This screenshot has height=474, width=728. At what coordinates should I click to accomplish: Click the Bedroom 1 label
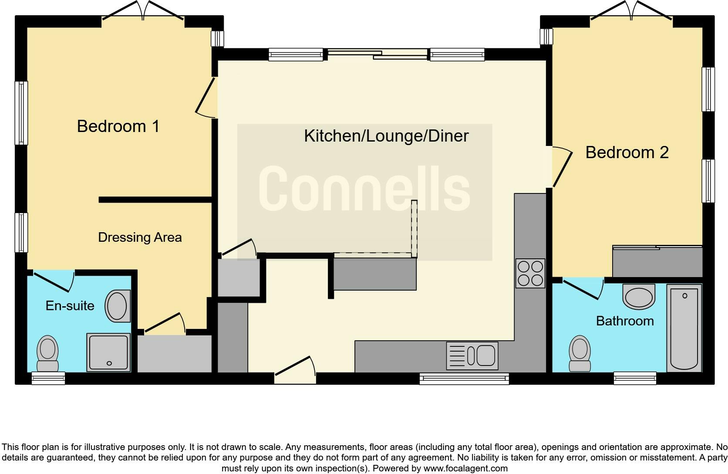coord(118,126)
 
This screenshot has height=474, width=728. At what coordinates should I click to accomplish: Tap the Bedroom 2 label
coord(627,152)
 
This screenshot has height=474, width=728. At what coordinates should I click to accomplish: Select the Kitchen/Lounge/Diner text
coord(386,136)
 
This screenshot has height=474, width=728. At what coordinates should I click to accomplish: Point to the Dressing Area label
coord(140,237)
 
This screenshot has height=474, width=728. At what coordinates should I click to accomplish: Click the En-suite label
coord(70,306)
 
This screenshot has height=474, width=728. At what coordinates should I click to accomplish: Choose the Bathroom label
coord(624,321)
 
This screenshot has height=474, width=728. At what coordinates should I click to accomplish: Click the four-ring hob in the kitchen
coord(530,273)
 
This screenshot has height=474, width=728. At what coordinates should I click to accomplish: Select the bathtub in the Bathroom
coord(684,328)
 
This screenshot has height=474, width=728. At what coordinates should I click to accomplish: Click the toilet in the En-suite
coord(47,353)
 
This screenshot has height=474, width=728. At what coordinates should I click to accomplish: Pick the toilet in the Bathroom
coord(580,353)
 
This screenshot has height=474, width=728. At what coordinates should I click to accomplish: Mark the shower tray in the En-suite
coord(108,352)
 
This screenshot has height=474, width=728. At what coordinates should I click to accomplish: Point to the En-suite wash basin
coord(117,306)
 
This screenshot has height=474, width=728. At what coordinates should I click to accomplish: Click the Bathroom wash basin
coord(639,297)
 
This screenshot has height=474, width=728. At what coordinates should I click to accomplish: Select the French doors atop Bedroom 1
coord(143,12)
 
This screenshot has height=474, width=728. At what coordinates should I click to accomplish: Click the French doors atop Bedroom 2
coord(631,12)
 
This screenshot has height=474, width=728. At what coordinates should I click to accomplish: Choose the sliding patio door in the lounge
coord(377,54)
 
